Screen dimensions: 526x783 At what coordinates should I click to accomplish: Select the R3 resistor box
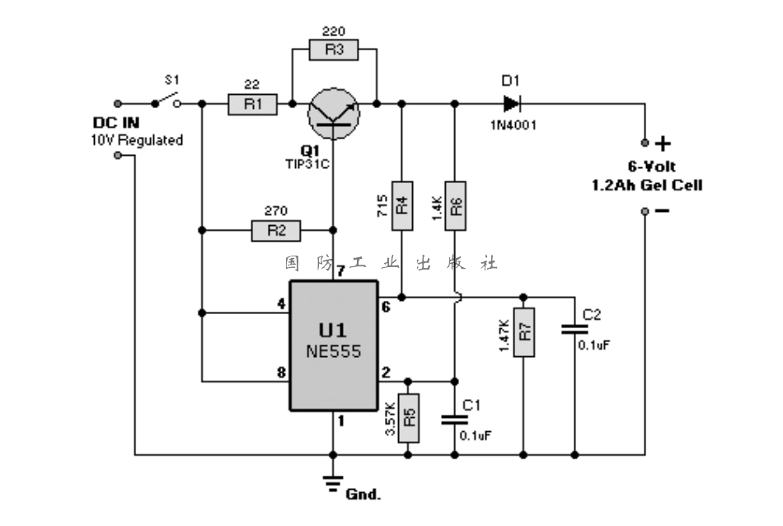coord(333,50)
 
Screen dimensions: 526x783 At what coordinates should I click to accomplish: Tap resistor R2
coord(275,229)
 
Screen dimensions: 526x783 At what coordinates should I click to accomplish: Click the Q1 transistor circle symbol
coord(333,115)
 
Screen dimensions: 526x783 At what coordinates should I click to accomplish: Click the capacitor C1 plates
coord(454,419)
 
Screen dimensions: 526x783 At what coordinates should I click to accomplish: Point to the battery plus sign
coord(663,143)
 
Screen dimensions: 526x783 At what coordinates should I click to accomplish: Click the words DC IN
coord(115,124)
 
